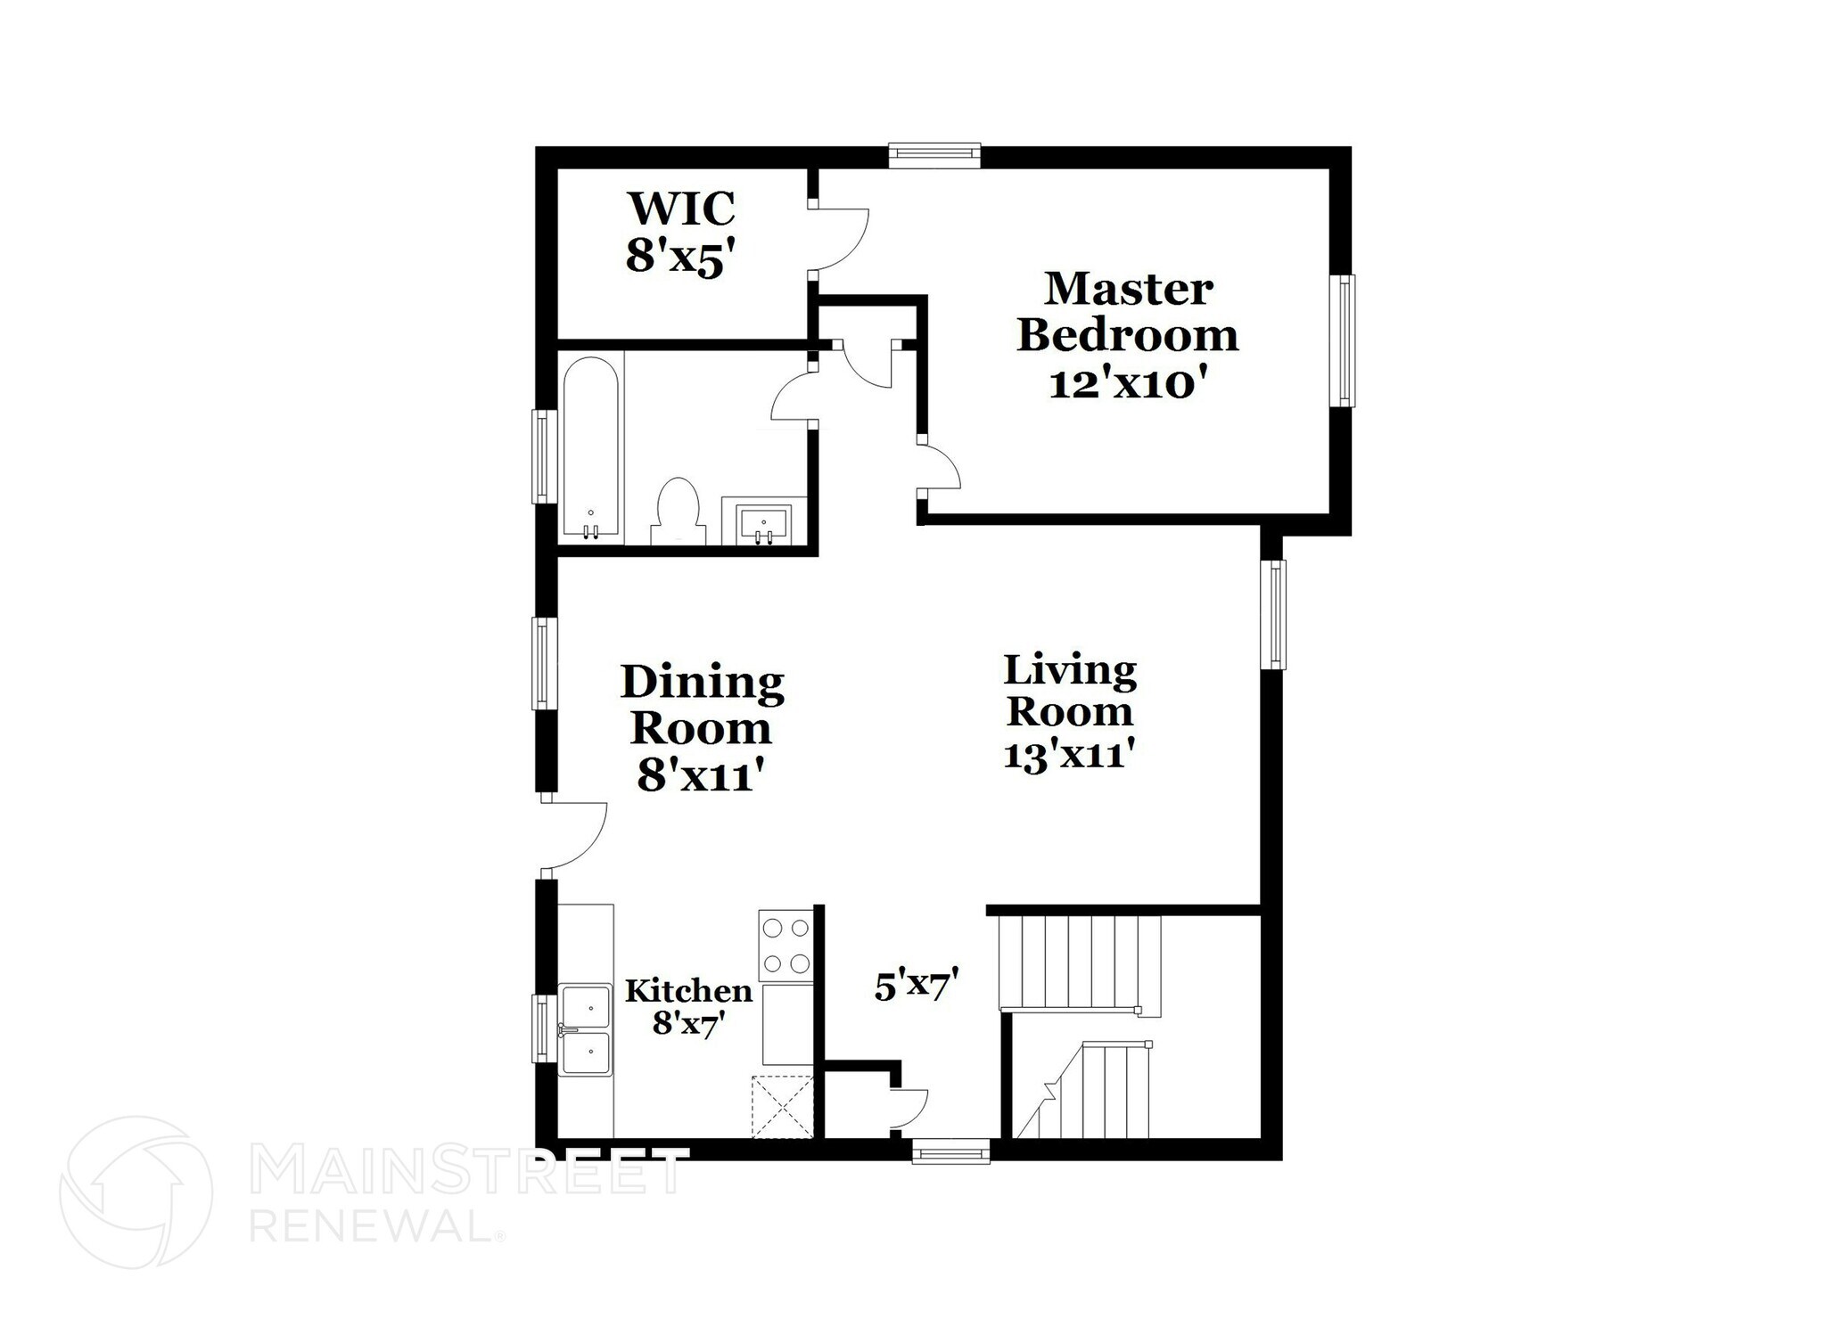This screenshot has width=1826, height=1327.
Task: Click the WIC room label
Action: coord(681,209)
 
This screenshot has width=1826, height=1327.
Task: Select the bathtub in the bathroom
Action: coord(590,448)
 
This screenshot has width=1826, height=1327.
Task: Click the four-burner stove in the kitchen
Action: coord(786,945)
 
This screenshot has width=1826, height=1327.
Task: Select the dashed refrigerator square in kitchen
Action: coord(782,1107)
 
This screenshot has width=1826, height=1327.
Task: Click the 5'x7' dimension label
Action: coord(916,987)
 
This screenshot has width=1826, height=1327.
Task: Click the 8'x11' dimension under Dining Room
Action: coord(702,774)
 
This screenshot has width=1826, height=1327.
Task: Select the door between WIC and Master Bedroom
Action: coord(838,238)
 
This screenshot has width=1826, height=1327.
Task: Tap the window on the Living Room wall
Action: coord(1277,614)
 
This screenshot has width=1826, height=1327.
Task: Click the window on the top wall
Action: coord(934,155)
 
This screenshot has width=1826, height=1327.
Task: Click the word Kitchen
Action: coord(688,991)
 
